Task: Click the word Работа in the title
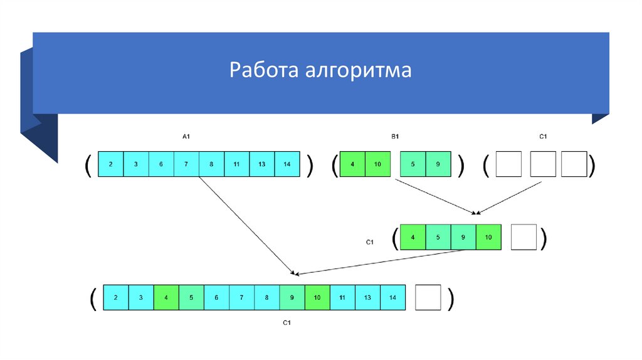coord(263,70)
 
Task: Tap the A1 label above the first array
coord(186,136)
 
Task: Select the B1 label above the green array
coord(396,136)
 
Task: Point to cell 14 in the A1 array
coord(287,164)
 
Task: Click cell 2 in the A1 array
coord(111,164)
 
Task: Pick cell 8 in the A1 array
coord(211,164)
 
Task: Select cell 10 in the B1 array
coord(377,164)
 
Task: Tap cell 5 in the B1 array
coord(413,164)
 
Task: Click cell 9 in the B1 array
coord(438,164)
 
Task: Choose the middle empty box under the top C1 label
coord(543,164)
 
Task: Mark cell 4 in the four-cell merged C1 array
coord(413,237)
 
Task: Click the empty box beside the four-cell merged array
coord(524,237)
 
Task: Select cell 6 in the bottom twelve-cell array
coord(217,297)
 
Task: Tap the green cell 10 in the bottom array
coord(318,297)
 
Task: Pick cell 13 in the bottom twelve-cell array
coord(368,297)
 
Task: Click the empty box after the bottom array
coord(428,297)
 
